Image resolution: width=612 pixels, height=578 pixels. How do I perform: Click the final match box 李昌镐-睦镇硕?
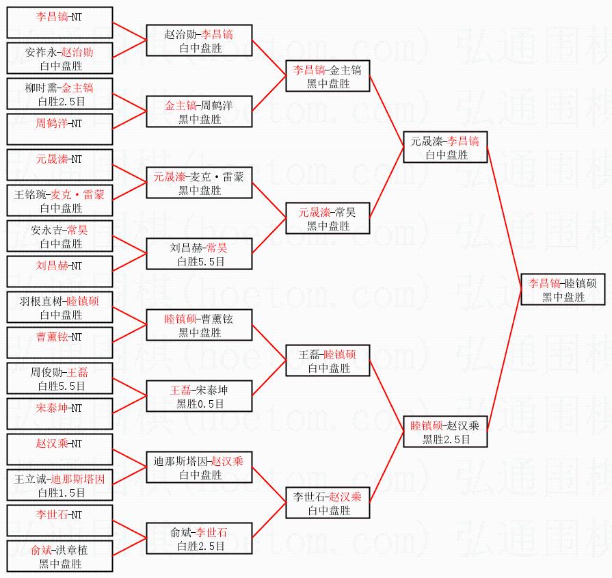562,289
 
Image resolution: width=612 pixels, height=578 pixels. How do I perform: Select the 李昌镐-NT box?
59,23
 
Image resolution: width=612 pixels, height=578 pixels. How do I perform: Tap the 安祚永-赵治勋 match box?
59,58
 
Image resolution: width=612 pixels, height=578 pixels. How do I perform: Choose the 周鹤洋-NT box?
59,129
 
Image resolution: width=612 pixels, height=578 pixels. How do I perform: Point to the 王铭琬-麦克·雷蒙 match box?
59,200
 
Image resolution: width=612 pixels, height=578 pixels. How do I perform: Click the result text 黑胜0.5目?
199,404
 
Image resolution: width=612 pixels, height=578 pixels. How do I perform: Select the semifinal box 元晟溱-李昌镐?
445,147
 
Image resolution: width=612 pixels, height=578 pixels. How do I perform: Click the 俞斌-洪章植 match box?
59,556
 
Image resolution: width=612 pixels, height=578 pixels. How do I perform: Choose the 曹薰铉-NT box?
59,343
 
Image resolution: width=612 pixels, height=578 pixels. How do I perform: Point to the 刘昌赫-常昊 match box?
199,254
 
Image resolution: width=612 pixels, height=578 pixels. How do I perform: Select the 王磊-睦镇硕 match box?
328,360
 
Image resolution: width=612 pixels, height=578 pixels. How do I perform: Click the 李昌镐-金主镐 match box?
328,76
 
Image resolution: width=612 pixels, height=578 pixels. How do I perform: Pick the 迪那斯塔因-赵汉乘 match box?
199,467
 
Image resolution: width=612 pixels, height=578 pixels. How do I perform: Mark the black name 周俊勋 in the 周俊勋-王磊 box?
45,372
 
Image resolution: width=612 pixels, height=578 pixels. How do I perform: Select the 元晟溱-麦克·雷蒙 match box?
199,183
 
